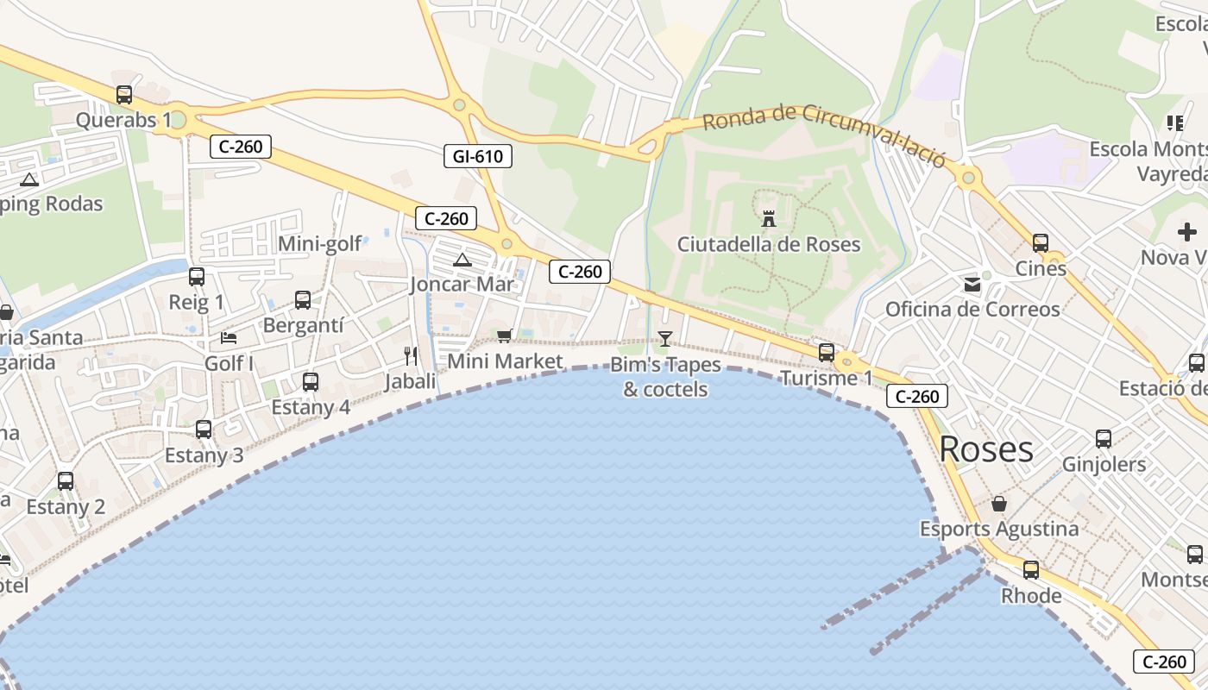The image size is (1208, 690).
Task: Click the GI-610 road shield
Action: [x=477, y=156]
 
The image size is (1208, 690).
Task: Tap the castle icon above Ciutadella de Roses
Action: [x=769, y=218]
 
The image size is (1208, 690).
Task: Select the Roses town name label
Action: [x=985, y=449]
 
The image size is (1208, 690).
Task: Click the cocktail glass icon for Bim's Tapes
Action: [x=664, y=338]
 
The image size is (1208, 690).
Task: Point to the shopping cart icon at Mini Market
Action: [x=505, y=336]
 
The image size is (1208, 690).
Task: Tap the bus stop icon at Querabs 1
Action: [x=124, y=95]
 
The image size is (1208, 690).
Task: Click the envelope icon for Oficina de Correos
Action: [x=972, y=284]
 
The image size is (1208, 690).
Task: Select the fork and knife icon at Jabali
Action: [x=411, y=355]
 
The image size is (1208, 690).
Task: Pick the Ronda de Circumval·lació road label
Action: [x=824, y=136]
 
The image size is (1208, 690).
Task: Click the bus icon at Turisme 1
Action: [x=827, y=352]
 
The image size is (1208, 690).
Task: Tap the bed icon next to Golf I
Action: [x=229, y=337]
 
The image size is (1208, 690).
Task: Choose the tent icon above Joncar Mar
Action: [x=462, y=259]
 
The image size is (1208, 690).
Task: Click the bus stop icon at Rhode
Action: [x=1031, y=569]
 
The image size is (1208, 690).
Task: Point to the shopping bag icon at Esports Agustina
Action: [x=999, y=503]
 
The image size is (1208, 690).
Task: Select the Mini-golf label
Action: [x=319, y=244]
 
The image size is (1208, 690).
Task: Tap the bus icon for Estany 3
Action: [x=204, y=429]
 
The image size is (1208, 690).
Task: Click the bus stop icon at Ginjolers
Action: [x=1104, y=439]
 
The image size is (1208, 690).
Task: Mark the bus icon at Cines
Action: [x=1041, y=242]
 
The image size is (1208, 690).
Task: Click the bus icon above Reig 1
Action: [x=197, y=276]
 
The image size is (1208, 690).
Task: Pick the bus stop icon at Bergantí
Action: [x=303, y=299]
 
